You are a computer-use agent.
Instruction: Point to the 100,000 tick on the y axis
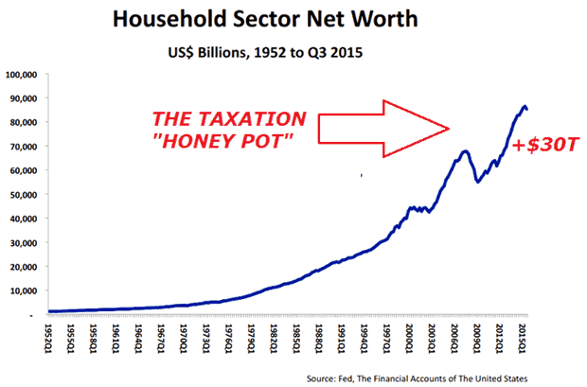coord(20,74)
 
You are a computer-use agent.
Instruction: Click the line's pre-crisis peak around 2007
coord(465,151)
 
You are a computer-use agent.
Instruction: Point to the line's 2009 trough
coord(478,182)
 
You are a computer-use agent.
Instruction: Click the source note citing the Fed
coord(441,377)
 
